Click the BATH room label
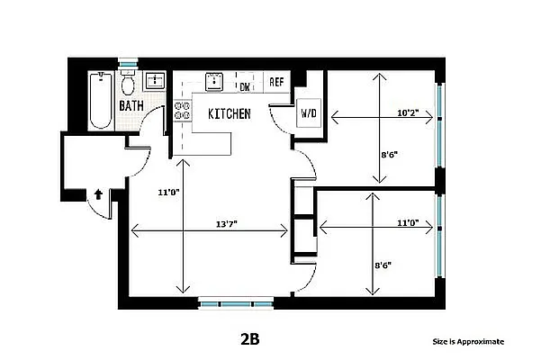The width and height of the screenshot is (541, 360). (x=132, y=106)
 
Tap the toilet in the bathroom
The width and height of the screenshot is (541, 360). (x=129, y=85)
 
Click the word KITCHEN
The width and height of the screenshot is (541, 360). (x=229, y=114)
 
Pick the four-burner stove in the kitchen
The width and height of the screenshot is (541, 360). (x=183, y=110)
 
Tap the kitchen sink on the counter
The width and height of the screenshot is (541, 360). (x=213, y=82)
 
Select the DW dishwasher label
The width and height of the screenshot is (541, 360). (x=244, y=86)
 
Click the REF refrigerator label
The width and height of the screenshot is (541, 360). (x=276, y=82)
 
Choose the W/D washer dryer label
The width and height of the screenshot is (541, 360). (x=309, y=114)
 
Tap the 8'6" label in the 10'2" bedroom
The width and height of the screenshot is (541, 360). (x=389, y=154)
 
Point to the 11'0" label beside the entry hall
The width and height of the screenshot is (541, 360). (x=166, y=192)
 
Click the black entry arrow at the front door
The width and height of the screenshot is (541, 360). (x=97, y=193)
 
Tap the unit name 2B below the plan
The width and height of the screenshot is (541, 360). (x=249, y=340)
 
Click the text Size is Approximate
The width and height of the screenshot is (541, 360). (x=468, y=342)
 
